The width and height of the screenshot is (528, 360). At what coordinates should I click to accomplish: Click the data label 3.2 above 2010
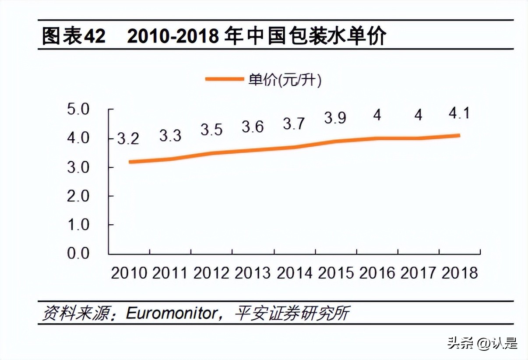[128, 139]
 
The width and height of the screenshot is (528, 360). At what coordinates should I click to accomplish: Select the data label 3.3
[170, 135]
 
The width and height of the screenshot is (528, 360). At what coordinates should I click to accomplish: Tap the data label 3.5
[211, 130]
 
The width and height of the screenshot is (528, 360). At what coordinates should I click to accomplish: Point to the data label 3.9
[335, 118]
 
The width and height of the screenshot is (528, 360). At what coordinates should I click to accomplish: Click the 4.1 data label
[458, 113]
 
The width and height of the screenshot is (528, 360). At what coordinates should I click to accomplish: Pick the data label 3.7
[293, 124]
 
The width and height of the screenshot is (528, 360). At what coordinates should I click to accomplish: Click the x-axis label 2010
[129, 273]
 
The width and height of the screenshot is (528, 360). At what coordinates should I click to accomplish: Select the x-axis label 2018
[459, 273]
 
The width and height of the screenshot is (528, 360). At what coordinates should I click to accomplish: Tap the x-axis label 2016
[377, 273]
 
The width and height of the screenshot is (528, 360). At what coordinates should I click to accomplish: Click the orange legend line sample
[224, 79]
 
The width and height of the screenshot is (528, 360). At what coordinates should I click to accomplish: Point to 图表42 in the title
[74, 36]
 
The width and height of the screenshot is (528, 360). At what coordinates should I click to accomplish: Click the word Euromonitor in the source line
[172, 314]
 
